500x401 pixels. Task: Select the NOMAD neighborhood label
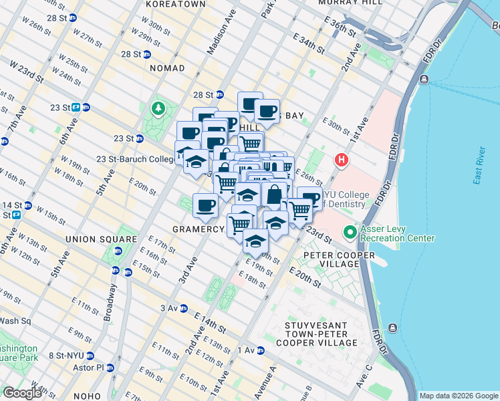[x=167, y=68]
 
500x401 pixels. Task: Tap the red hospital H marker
[x=342, y=160]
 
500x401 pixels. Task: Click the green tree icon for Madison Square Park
[x=158, y=108]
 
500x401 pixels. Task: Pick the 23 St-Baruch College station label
[x=135, y=159]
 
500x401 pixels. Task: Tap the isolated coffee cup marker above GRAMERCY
[x=205, y=205]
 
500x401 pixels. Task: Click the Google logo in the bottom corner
[x=23, y=392]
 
